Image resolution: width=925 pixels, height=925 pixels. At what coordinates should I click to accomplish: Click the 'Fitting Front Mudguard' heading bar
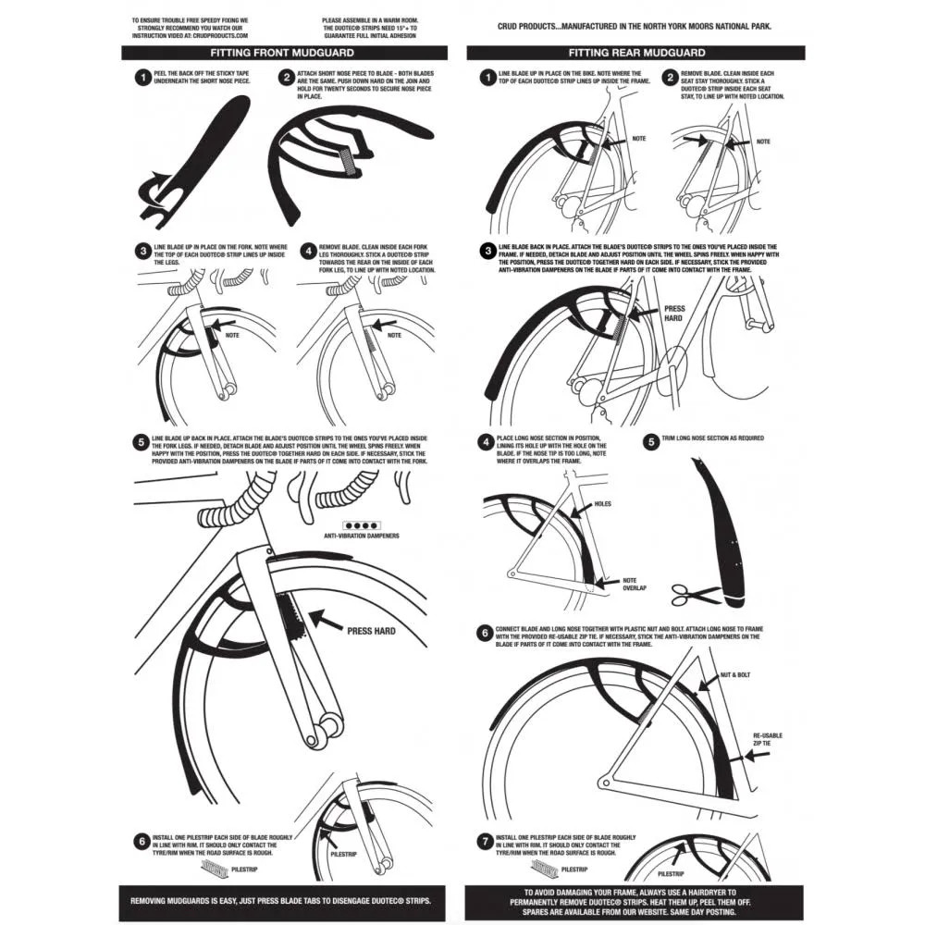pyautogui.click(x=285, y=53)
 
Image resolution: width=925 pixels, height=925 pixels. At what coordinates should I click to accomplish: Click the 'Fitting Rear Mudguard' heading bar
pyautogui.click(x=636, y=53)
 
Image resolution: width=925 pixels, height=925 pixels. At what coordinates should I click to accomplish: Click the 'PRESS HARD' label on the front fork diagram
pyautogui.click(x=372, y=631)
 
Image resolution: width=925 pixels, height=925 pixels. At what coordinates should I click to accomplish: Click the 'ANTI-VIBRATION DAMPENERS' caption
pyautogui.click(x=360, y=536)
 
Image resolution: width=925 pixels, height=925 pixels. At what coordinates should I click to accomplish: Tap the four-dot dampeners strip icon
pyautogui.click(x=360, y=524)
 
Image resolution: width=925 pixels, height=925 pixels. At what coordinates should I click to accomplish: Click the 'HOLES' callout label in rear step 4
pyautogui.click(x=602, y=504)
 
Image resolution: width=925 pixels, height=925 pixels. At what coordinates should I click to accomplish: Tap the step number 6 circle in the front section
pyautogui.click(x=142, y=842)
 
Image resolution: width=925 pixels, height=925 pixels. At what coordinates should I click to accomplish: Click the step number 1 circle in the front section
pyautogui.click(x=142, y=79)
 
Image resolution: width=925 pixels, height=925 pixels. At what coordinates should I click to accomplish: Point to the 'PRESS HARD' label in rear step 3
pyautogui.click(x=673, y=314)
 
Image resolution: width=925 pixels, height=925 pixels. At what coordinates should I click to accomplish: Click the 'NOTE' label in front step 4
pyautogui.click(x=394, y=335)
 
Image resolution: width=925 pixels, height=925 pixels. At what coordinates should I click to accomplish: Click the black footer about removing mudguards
pyautogui.click(x=285, y=900)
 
